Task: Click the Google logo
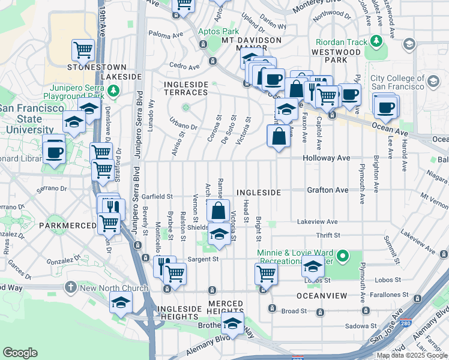[20, 353]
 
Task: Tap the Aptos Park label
[218, 31]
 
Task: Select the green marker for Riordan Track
[376, 41]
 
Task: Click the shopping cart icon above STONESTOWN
[83, 50]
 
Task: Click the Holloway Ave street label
[327, 158]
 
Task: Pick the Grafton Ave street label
[328, 190]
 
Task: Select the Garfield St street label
[157, 196]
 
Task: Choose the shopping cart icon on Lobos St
[266, 274]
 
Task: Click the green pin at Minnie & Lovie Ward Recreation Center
[343, 257]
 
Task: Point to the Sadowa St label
[357, 326]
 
